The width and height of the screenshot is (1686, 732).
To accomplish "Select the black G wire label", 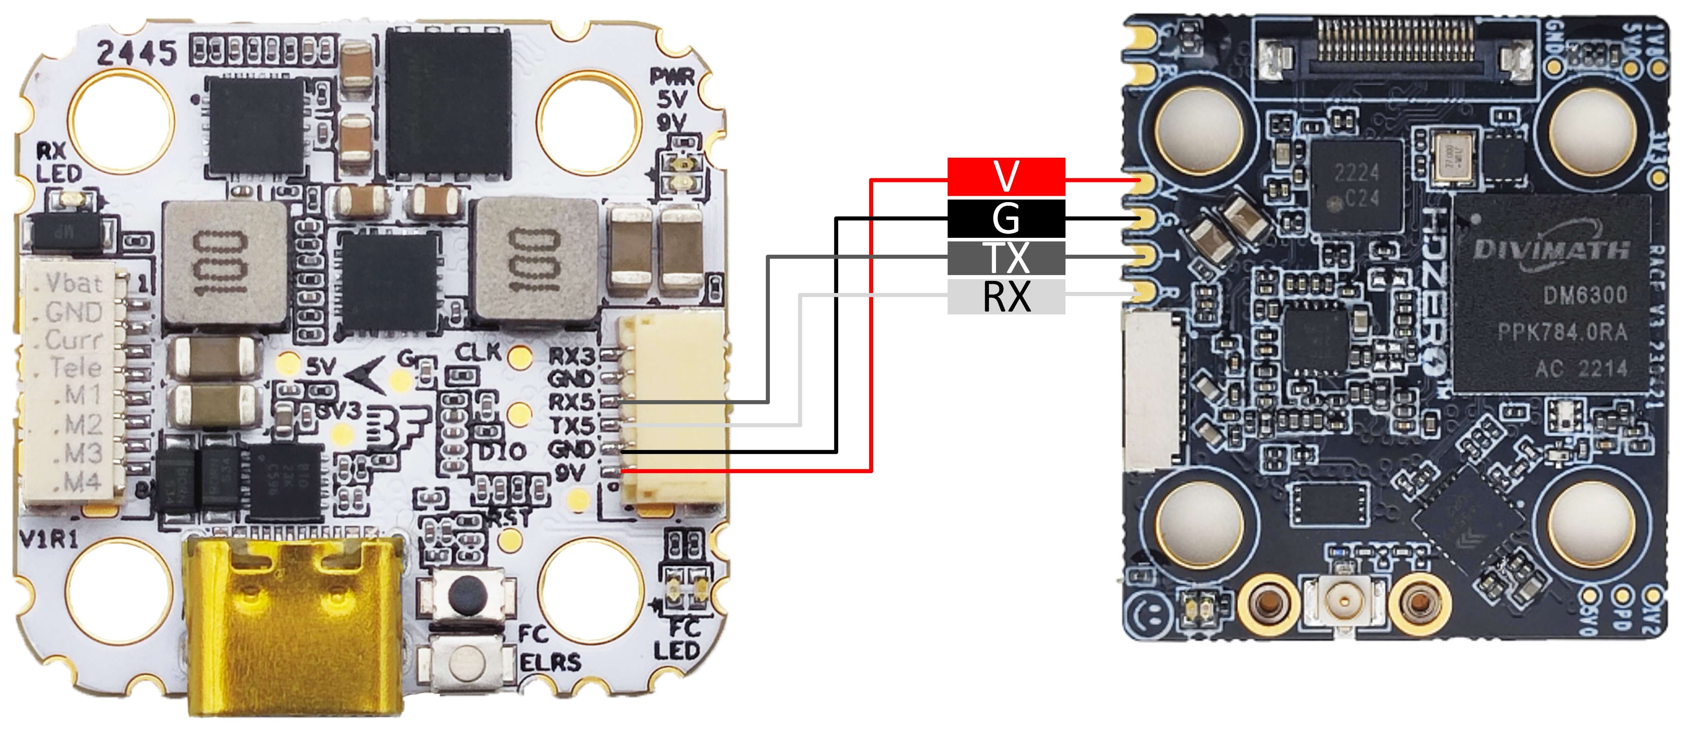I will [1006, 218].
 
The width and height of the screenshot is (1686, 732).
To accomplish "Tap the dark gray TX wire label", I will [1006, 257].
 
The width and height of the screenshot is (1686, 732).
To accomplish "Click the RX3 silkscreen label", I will [571, 356].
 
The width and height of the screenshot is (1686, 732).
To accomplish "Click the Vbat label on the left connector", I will [74, 284].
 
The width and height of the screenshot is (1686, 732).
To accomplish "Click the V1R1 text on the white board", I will [49, 540].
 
